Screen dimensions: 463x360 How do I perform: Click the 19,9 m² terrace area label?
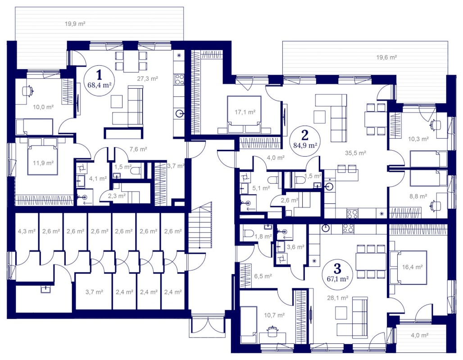tap(75, 23)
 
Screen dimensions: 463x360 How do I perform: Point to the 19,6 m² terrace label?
tap(386, 57)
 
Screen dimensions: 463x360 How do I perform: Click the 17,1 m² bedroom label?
tap(245, 112)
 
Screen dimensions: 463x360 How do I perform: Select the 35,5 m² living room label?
tap(355, 153)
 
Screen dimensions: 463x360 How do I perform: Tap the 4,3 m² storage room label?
tap(27, 231)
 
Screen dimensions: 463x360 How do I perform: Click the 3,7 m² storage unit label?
tap(94, 292)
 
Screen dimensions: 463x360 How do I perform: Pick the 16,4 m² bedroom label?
tap(413, 267)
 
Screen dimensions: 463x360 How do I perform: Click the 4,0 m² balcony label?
tap(420, 335)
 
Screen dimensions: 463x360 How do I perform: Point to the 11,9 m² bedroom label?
tap(43, 163)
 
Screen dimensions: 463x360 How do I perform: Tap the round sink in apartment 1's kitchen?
tap(179, 113)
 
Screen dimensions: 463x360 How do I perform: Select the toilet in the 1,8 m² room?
tap(248, 234)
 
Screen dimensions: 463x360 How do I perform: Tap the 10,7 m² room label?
tap(274, 315)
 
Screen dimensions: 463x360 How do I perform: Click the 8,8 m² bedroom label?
tap(418, 196)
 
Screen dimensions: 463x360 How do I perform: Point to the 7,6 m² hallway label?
tap(138, 149)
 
